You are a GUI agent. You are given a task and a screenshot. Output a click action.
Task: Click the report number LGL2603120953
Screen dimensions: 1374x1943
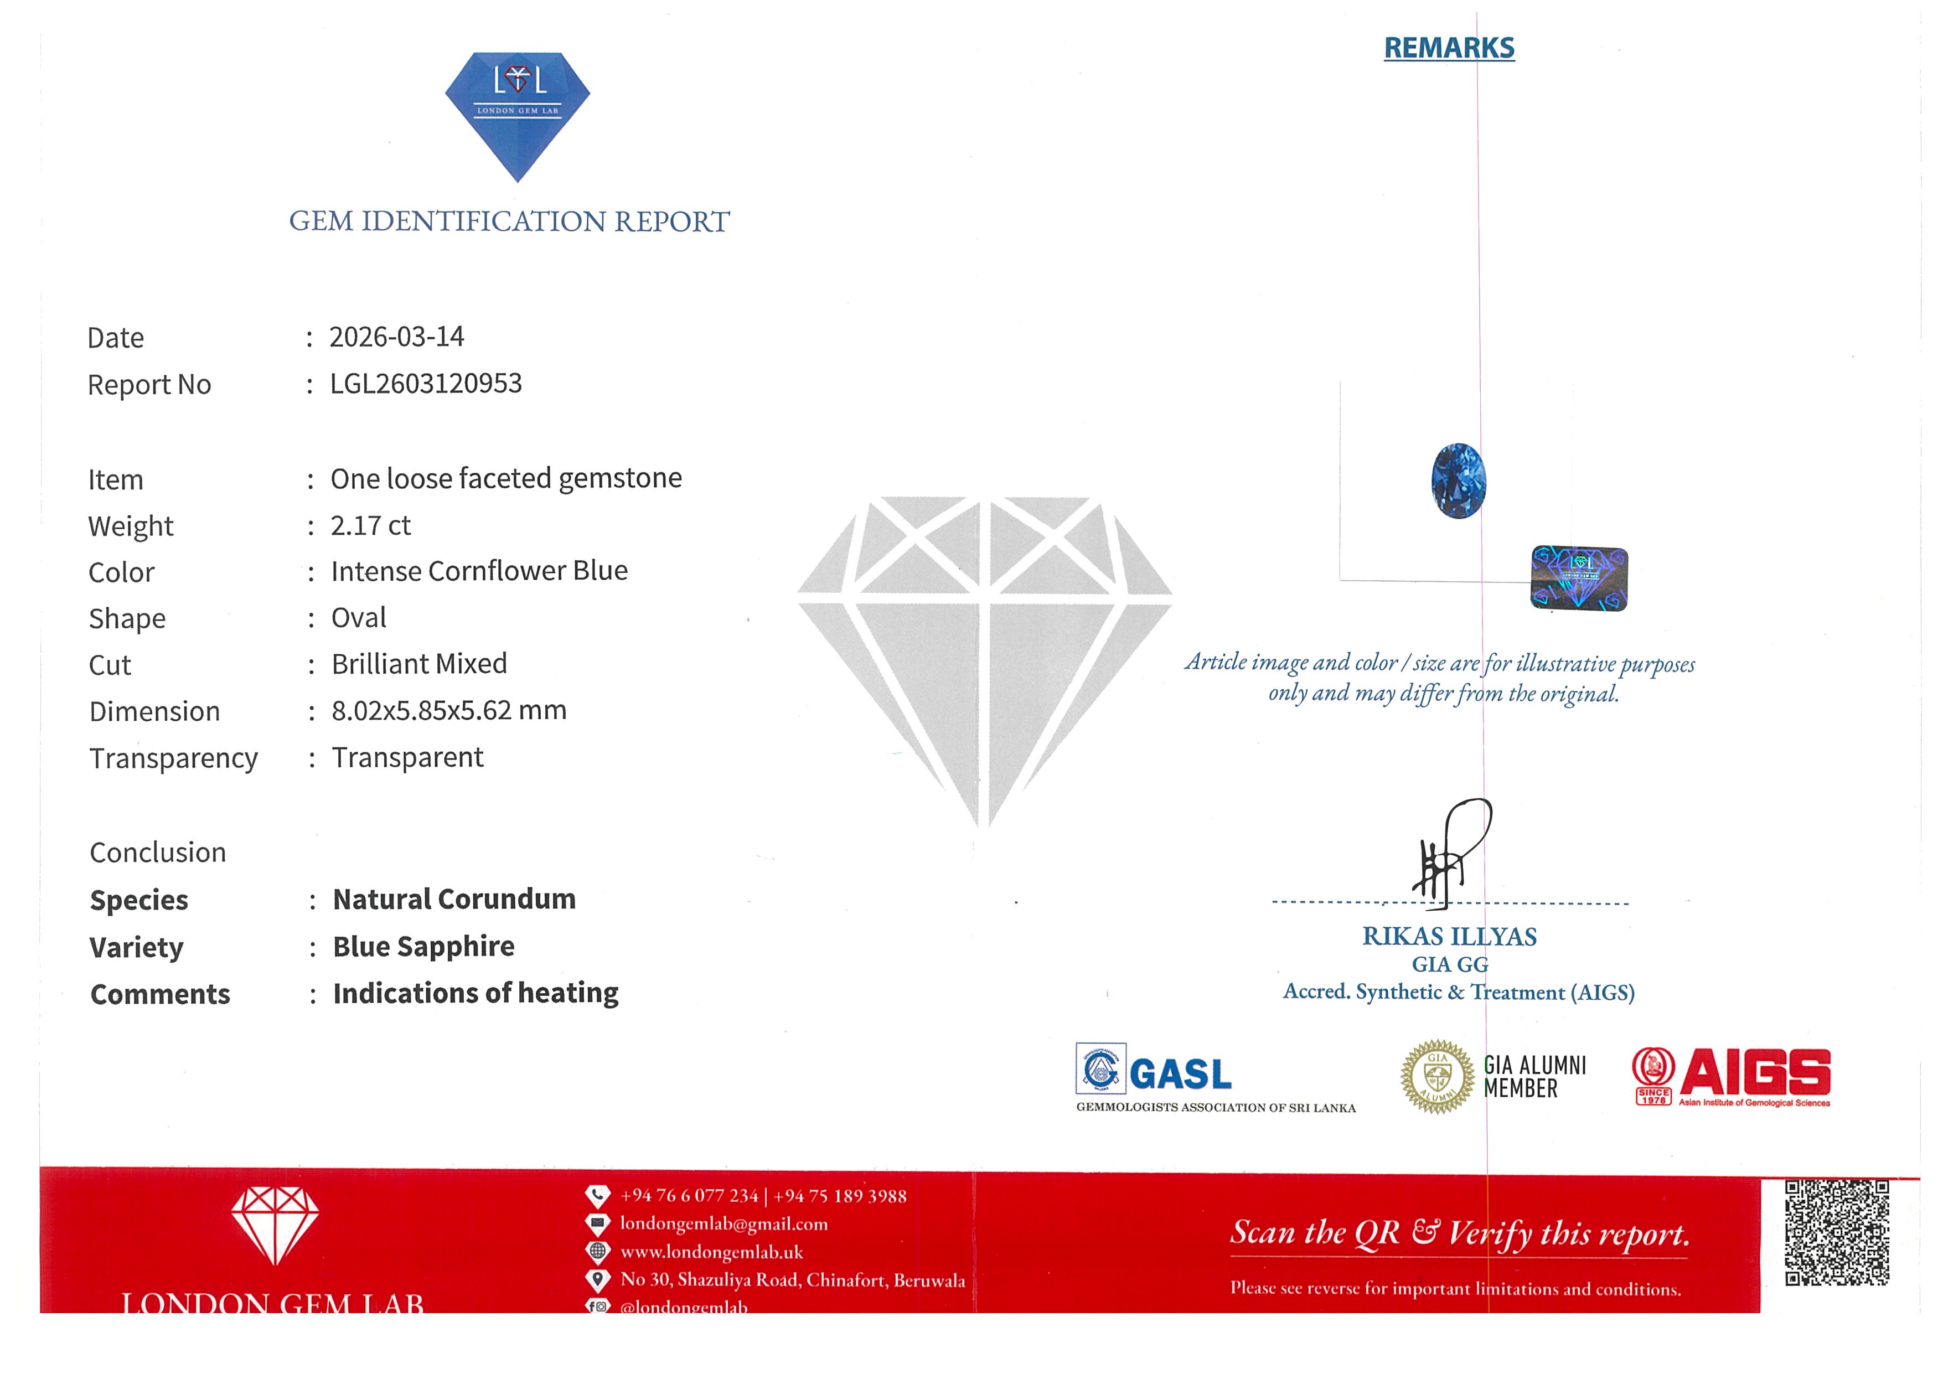(426, 384)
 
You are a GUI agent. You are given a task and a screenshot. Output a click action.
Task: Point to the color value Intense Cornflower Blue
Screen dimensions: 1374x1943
(479, 571)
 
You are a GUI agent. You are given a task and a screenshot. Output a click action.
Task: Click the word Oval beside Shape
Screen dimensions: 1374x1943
(358, 618)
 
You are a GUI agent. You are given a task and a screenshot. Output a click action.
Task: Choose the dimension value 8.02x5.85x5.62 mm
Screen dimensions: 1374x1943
(448, 711)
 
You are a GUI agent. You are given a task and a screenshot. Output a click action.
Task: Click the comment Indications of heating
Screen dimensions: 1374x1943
(476, 993)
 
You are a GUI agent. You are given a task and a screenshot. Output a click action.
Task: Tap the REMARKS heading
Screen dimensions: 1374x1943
(1449, 48)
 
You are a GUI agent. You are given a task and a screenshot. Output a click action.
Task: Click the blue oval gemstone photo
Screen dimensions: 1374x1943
(1458, 481)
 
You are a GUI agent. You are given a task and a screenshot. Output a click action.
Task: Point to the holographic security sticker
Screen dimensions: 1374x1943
(1579, 578)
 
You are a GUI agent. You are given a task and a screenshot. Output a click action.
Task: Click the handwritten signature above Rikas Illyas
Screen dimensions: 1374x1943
(1450, 855)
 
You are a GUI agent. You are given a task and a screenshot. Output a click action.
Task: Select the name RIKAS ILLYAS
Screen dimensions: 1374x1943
(1449, 937)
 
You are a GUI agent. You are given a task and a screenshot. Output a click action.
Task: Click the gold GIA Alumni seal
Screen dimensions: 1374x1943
(1438, 1076)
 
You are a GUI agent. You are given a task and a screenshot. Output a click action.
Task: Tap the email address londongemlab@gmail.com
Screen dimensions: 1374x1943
(724, 1223)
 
